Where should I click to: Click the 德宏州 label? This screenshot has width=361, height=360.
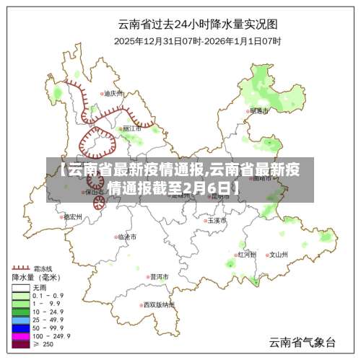(72, 216)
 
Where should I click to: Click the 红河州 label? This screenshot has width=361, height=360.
(247, 255)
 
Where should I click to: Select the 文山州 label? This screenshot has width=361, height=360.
(277, 255)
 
